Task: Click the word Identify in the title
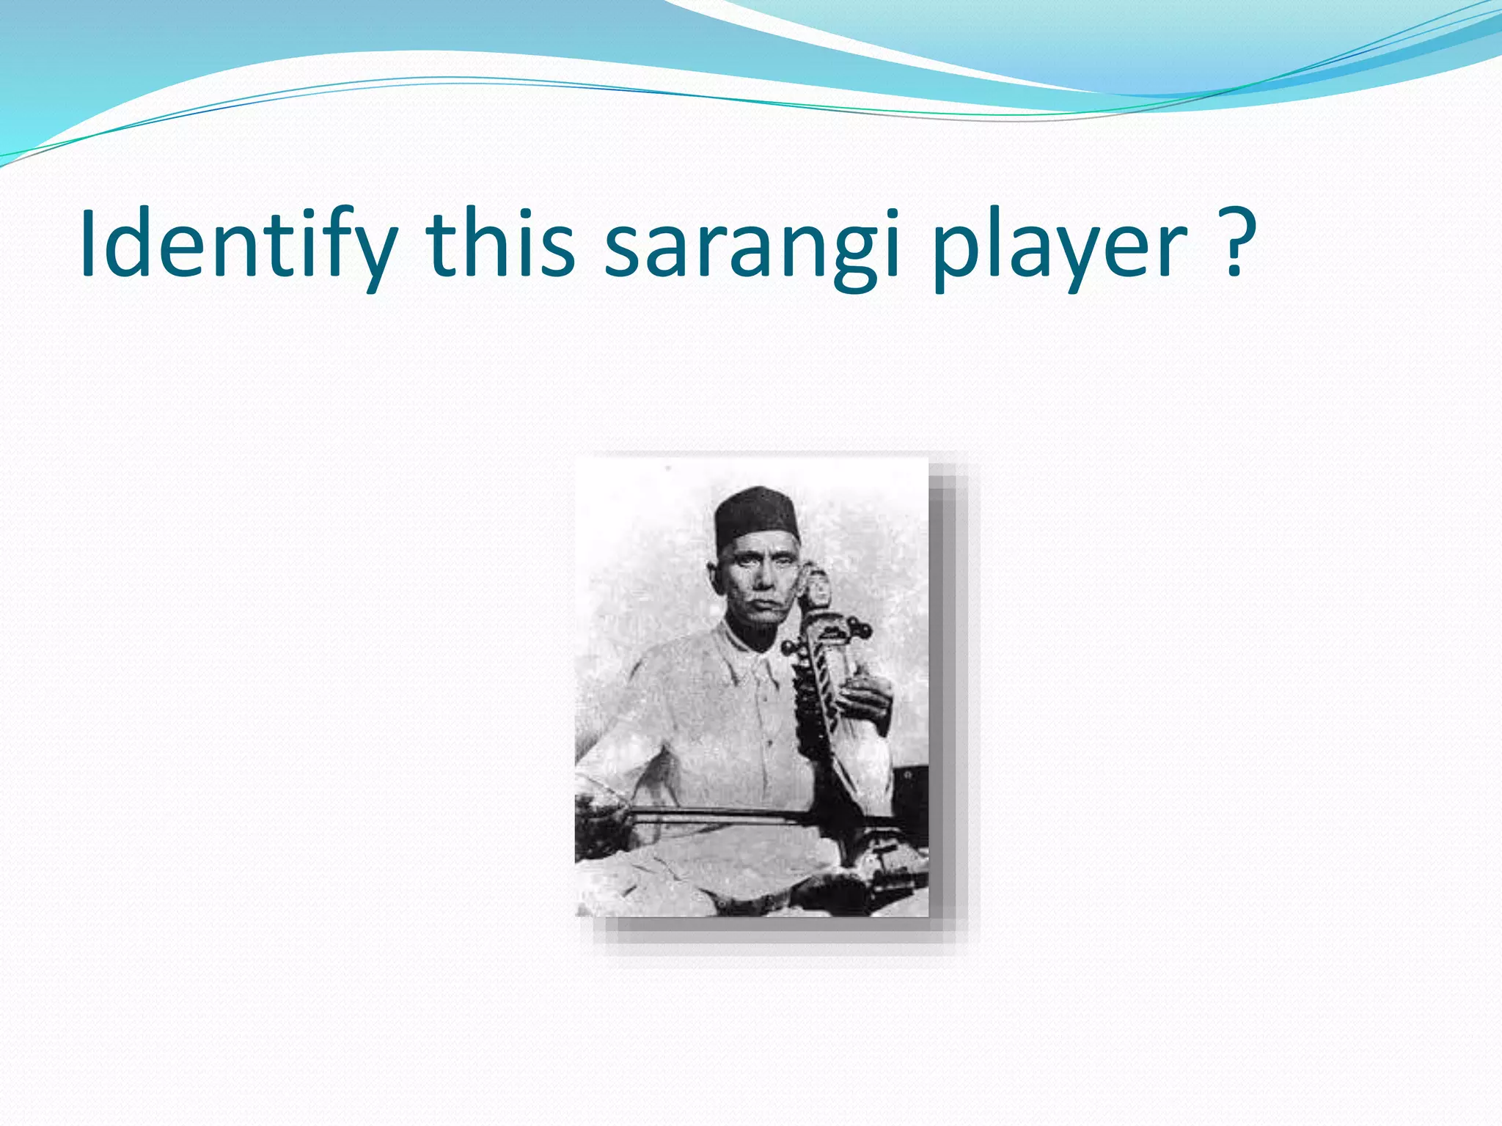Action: click(238, 244)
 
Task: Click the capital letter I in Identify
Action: click(89, 244)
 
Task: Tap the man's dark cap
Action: click(755, 512)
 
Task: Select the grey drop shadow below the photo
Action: click(770, 935)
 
